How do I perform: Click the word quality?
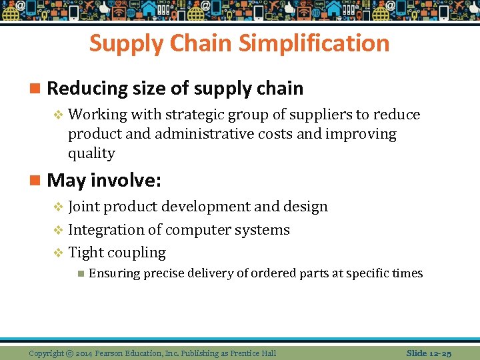point(91,153)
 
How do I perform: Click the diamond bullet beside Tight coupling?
point(58,253)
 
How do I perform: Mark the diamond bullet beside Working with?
point(58,115)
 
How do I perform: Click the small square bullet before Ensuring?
point(80,273)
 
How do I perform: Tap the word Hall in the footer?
point(267,353)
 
